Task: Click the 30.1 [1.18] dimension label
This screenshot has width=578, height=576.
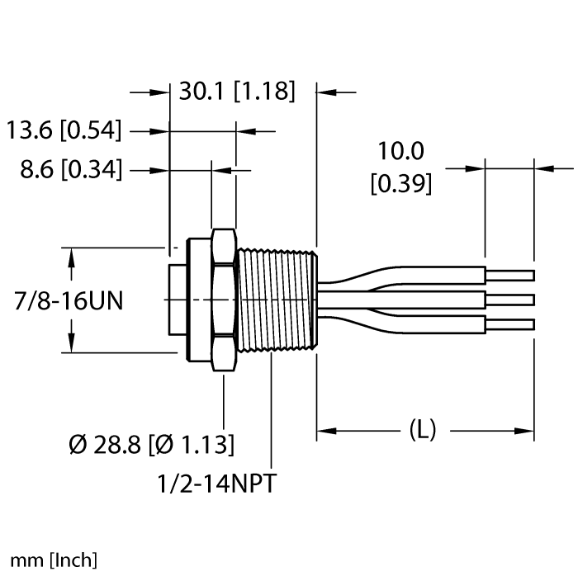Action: click(236, 92)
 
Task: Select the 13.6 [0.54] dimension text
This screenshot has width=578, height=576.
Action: click(64, 130)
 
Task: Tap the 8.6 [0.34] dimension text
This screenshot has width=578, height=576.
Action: click(71, 170)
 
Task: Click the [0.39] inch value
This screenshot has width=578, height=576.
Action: click(400, 184)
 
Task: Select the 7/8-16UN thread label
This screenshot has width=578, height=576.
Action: click(69, 301)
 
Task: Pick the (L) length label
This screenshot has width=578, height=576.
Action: click(423, 429)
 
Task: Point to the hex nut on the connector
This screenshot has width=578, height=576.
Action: click(223, 300)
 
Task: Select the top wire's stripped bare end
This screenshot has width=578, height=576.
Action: click(509, 275)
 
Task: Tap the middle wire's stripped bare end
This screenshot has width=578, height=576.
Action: click(509, 300)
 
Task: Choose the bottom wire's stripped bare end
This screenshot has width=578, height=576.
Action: click(509, 324)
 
